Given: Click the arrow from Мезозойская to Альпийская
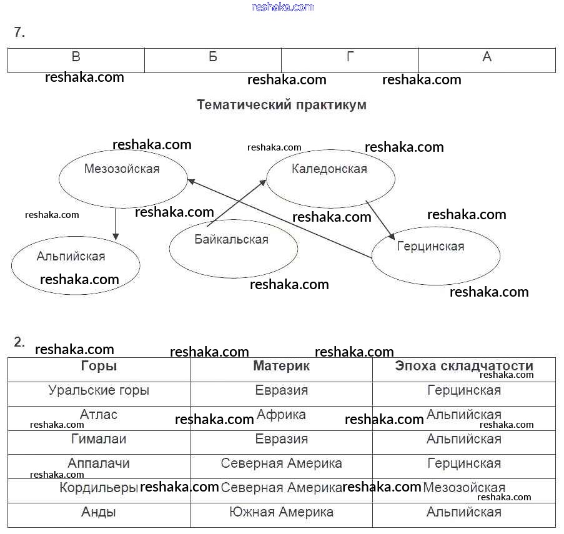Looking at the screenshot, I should coord(116,224).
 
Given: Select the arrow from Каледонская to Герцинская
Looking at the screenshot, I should coord(380,219).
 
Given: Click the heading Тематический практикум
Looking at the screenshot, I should coord(282,105).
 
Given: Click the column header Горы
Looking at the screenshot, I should coord(99,367).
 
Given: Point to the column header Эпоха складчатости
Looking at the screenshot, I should coord(463,367).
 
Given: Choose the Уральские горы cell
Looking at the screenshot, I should coord(99,391).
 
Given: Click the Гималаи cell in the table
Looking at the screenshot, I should coord(99,439).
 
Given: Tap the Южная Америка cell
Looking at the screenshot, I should coord(281,512).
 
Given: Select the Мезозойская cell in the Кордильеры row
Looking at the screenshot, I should coord(463,488).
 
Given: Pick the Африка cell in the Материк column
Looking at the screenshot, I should coord(281,415).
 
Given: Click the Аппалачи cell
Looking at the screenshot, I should coord(99,463).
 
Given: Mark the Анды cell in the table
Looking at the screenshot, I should coord(99,512).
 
